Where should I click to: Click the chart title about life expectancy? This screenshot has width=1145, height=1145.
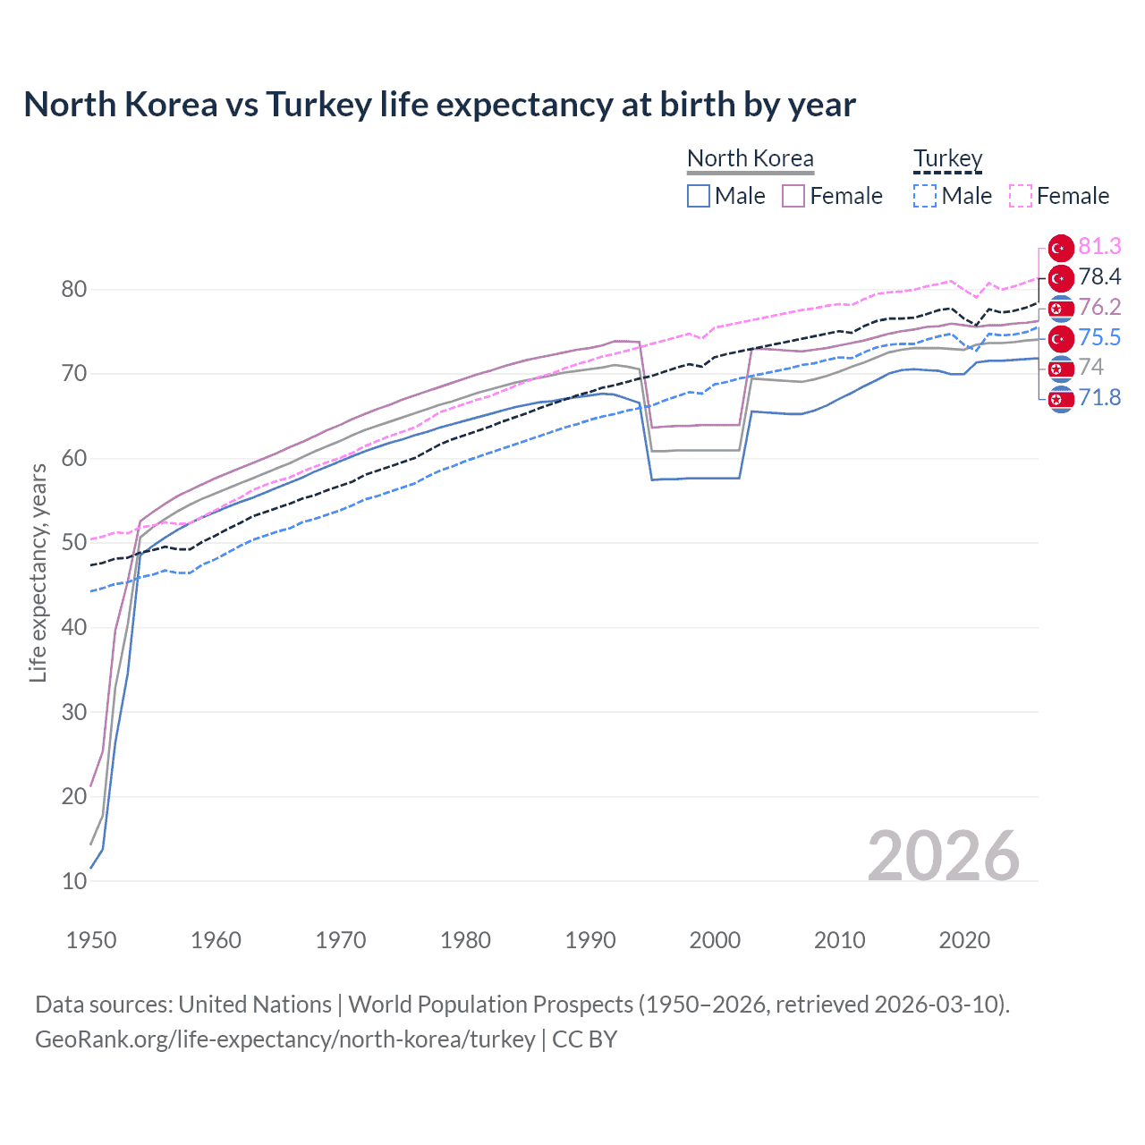click(x=439, y=105)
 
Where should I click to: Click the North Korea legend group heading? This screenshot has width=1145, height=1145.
click(x=750, y=159)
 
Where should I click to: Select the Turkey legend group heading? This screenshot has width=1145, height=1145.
click(x=947, y=159)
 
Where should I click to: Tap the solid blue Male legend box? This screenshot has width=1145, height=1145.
click(x=699, y=196)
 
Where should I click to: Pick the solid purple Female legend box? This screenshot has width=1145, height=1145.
click(x=793, y=196)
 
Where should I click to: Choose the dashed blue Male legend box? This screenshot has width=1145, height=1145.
click(x=925, y=196)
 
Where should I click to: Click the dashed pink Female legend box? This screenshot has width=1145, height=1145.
click(x=1021, y=196)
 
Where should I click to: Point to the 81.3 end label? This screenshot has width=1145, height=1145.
click(x=1099, y=246)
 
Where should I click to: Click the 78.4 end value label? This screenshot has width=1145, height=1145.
click(x=1099, y=276)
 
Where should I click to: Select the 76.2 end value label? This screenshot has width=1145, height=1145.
click(x=1099, y=307)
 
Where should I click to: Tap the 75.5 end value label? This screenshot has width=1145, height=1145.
click(x=1099, y=337)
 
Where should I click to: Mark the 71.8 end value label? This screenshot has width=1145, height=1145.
click(x=1099, y=397)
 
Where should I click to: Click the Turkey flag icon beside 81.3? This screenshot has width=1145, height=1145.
click(x=1061, y=248)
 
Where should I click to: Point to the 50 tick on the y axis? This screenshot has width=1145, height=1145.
click(x=74, y=543)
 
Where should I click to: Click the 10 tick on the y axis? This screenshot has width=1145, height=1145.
click(x=74, y=881)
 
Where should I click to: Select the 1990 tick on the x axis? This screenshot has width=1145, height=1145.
click(x=590, y=940)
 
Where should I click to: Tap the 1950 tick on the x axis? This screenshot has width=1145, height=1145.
click(x=91, y=940)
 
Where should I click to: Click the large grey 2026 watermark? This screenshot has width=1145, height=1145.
click(x=943, y=856)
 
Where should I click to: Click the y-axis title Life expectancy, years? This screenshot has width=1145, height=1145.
click(x=38, y=572)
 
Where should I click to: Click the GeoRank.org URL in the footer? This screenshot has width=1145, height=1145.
click(x=284, y=1039)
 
